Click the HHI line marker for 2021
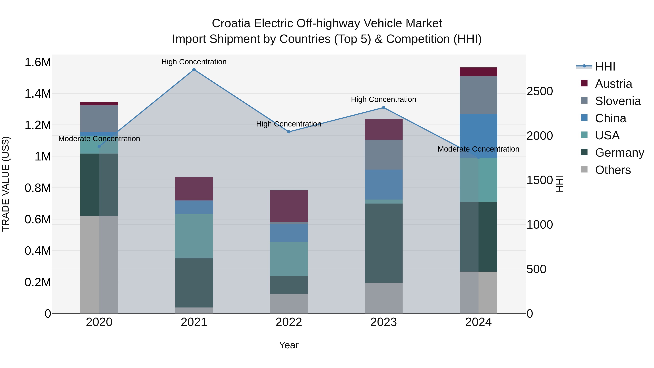(x=194, y=70)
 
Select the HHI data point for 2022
(x=289, y=132)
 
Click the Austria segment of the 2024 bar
(x=478, y=72)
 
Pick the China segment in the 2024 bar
(x=478, y=136)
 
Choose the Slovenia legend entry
(x=618, y=101)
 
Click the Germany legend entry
(x=619, y=153)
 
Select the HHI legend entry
(x=605, y=67)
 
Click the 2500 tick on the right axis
(x=540, y=91)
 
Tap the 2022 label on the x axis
(x=289, y=322)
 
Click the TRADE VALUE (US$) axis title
(x=6, y=184)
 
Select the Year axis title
(x=289, y=345)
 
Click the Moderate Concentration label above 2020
(x=99, y=139)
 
